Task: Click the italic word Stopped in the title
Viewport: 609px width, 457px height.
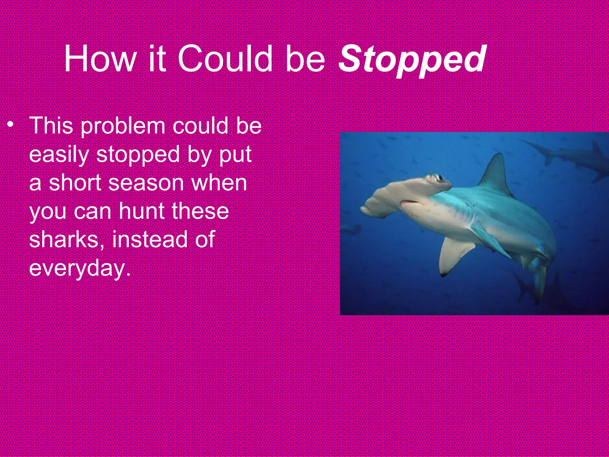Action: [412, 60]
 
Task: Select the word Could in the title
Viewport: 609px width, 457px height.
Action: [225, 59]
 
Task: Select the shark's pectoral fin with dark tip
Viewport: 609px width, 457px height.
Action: [453, 256]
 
